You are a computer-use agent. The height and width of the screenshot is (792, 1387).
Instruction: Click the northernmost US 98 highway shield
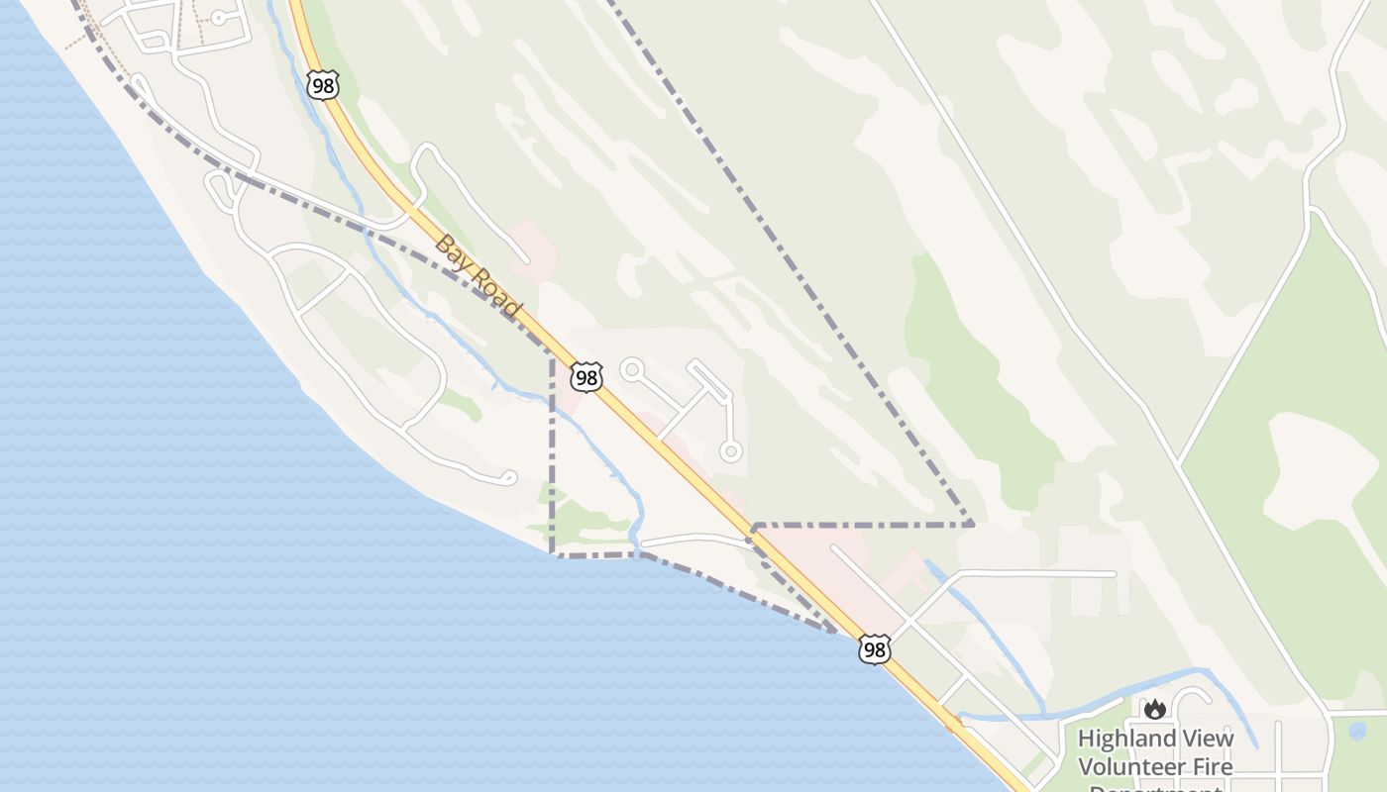pyautogui.click(x=323, y=85)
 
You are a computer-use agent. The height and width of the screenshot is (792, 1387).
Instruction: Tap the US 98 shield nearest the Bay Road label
pyautogui.click(x=587, y=376)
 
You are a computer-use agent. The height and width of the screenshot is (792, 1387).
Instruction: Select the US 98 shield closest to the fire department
pyautogui.click(x=874, y=649)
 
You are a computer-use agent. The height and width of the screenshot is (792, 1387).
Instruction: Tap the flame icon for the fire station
pyautogui.click(x=1154, y=709)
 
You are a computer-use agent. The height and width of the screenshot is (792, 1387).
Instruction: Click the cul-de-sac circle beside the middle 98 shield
pyautogui.click(x=631, y=370)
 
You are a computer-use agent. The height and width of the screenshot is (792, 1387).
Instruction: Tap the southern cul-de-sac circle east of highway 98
pyautogui.click(x=730, y=451)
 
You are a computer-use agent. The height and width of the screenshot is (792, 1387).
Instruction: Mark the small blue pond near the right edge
pyautogui.click(x=1357, y=731)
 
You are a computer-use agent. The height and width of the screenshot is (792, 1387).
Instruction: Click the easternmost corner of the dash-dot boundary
pyautogui.click(x=973, y=524)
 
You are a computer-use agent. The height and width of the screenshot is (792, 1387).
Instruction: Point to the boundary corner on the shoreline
pyautogui.click(x=552, y=552)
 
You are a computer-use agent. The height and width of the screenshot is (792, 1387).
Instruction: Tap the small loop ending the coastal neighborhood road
pyautogui.click(x=509, y=478)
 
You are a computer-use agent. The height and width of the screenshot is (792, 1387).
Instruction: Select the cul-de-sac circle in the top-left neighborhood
pyautogui.click(x=218, y=18)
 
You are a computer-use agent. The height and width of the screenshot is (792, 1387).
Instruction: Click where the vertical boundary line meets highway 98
pyautogui.click(x=552, y=351)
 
